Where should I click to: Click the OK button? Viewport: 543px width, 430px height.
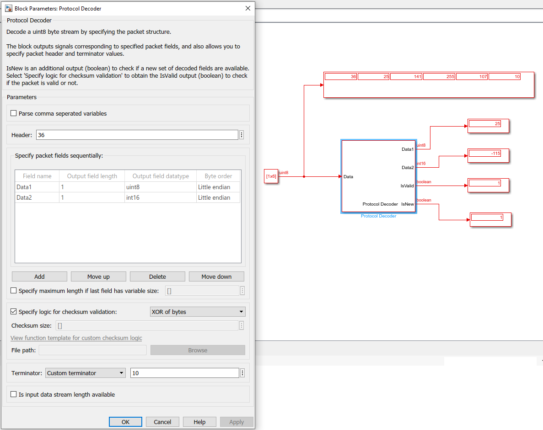125,422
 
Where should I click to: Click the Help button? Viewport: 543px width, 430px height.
199,422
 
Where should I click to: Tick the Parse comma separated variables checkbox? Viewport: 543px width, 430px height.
14,113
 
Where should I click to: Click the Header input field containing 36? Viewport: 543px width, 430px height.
137,135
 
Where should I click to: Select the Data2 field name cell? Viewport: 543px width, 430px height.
37,197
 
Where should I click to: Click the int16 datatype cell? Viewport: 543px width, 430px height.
160,197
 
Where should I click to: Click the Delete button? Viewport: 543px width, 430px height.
157,276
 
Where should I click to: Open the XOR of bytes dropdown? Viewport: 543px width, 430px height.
198,312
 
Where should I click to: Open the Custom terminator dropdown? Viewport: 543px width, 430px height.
86,373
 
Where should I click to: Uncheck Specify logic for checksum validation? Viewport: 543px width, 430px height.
14,312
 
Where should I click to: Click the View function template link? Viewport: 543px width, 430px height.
76,338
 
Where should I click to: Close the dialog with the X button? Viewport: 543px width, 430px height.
248,8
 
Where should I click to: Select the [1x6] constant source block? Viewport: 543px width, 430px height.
271,176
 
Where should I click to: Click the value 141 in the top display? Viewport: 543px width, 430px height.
406,77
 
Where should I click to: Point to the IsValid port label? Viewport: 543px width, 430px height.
407,186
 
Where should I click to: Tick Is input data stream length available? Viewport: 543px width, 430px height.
14,394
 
